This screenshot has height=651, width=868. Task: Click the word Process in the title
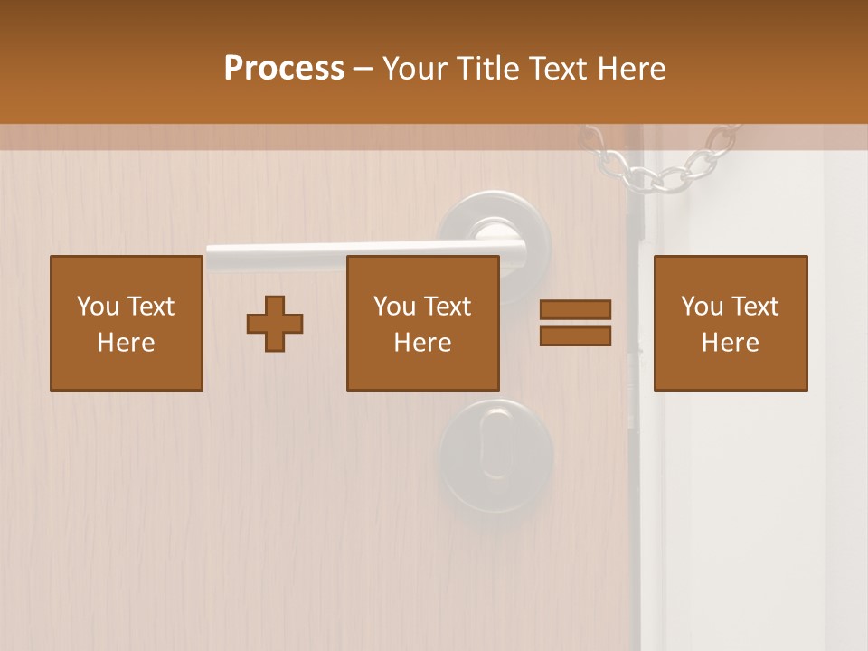click(284, 68)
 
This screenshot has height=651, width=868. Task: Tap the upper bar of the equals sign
click(575, 309)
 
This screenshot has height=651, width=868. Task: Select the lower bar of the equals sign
click(575, 335)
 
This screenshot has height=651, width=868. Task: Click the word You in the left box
click(98, 307)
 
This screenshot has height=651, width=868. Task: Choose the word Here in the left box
click(126, 343)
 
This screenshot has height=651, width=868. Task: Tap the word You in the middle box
click(394, 307)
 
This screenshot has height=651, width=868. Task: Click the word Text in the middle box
click(448, 307)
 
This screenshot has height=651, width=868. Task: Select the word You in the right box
click(702, 307)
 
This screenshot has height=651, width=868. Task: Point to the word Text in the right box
click(756, 307)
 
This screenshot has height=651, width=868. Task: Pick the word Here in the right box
click(730, 343)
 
